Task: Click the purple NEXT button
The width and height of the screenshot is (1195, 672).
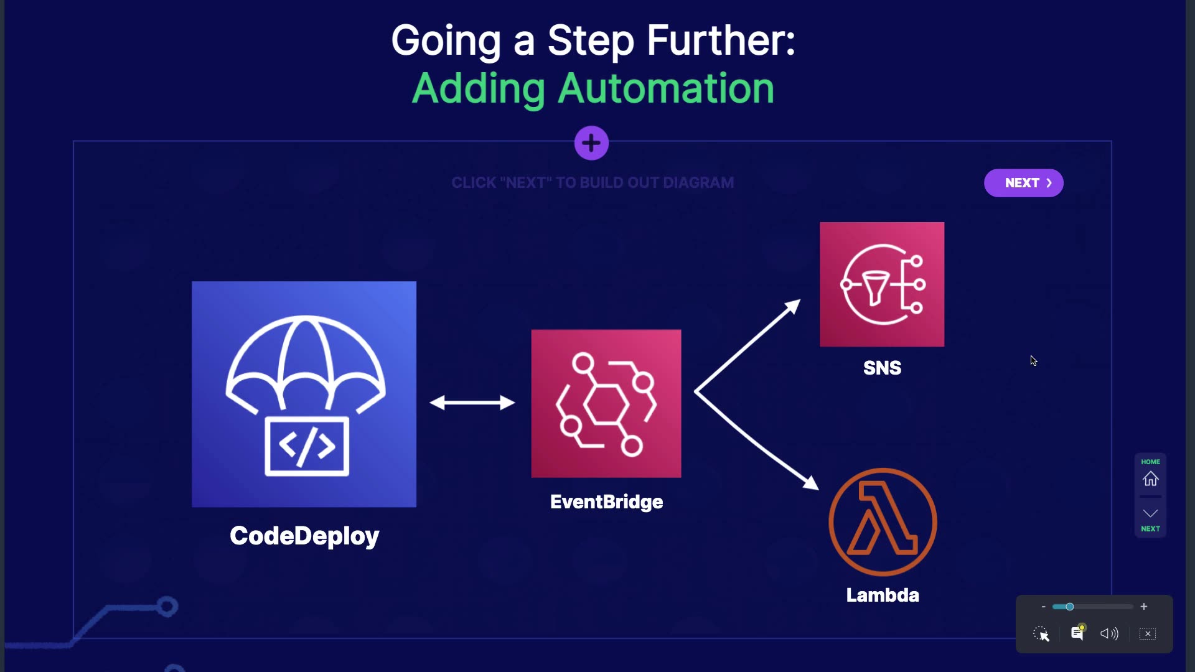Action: [x=1023, y=183]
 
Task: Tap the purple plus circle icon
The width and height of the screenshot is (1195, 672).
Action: [x=591, y=143]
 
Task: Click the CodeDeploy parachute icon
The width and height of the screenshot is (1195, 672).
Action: [x=304, y=393]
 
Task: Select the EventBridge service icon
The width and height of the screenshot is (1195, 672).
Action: [x=606, y=403]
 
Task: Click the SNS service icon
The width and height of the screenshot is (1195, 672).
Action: [x=882, y=284]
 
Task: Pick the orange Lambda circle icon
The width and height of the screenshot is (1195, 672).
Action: [x=883, y=522]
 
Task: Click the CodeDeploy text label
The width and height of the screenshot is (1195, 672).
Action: [x=304, y=536]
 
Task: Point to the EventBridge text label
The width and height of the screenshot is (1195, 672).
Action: [x=606, y=502]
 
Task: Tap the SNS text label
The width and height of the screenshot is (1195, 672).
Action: [x=882, y=368]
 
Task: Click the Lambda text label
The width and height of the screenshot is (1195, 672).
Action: [x=883, y=595]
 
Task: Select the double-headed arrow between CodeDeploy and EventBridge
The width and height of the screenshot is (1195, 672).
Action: [x=472, y=403]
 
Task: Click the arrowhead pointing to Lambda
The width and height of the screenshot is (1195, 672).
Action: [x=810, y=482]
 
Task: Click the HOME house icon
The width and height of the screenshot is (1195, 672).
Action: [x=1150, y=478]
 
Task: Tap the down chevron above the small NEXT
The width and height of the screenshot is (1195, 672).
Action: [x=1150, y=513]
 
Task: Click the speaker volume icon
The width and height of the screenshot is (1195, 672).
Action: [x=1109, y=633]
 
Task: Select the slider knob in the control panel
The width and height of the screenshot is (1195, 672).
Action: [x=1069, y=607]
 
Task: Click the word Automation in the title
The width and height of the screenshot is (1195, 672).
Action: [x=665, y=88]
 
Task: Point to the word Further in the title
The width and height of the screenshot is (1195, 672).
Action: [x=721, y=41]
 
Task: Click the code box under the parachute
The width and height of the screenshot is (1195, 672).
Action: [x=307, y=446]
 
